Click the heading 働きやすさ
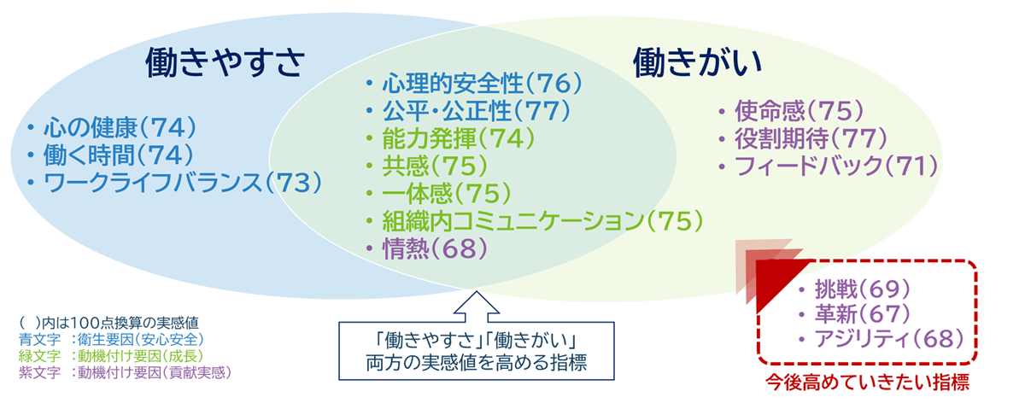[x=225, y=62]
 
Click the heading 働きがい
[x=697, y=62]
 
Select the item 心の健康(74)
[x=120, y=128]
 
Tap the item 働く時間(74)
[x=120, y=155]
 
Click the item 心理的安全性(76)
[x=481, y=84]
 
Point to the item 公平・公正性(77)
[x=481, y=111]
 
